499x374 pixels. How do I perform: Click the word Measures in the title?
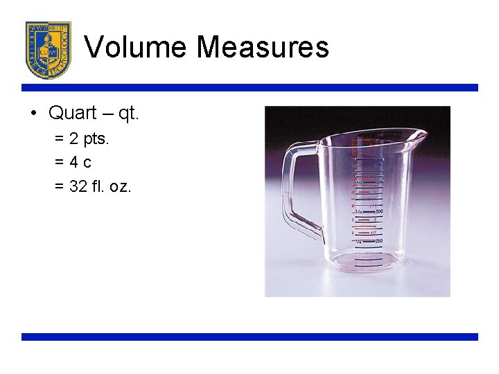(x=263, y=47)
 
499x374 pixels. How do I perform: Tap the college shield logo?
(x=48, y=50)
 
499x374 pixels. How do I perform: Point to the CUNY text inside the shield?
(x=48, y=51)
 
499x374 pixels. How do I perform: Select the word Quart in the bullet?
(x=72, y=113)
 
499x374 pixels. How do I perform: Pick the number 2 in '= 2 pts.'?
(x=74, y=139)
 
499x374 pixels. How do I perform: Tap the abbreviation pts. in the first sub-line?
(x=96, y=140)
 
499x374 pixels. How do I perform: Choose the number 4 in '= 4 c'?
(x=75, y=163)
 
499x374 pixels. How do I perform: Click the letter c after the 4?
(x=87, y=163)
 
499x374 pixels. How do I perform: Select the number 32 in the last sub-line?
(x=79, y=186)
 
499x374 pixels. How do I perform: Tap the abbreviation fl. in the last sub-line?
(x=98, y=186)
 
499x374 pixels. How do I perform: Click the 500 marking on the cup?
(x=378, y=211)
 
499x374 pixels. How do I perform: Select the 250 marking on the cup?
(x=378, y=242)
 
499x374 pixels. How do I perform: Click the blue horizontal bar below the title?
(x=249, y=88)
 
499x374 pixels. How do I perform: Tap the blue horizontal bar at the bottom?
(x=249, y=337)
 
